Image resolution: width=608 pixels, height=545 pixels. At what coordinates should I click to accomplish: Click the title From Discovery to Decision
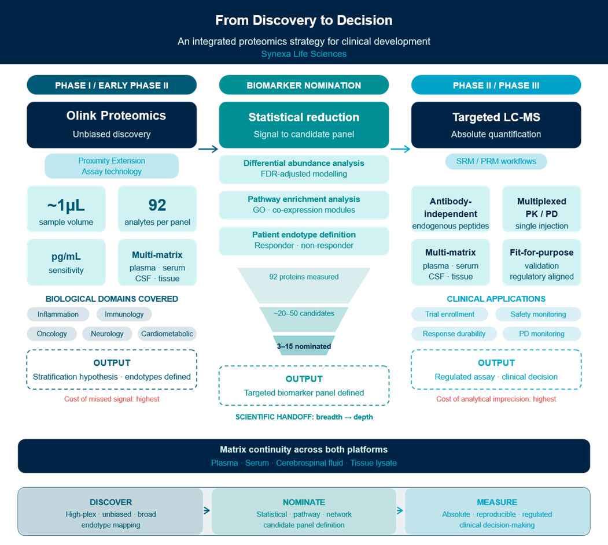point(304,20)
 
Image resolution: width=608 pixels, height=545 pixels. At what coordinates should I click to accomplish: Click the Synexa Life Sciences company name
point(304,54)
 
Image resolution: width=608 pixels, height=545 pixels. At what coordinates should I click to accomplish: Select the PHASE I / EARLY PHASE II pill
point(112,85)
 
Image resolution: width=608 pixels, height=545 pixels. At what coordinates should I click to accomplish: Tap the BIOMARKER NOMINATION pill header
point(304,85)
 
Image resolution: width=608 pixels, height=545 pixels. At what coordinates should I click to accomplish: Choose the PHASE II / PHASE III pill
point(496,85)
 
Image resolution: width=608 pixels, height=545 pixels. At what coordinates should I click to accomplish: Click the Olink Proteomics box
point(112,124)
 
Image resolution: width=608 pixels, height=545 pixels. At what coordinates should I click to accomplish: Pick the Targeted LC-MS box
point(496,124)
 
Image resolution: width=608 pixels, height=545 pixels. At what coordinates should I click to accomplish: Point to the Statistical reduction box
point(304,125)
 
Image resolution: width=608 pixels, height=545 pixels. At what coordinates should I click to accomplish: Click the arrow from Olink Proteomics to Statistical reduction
point(208,149)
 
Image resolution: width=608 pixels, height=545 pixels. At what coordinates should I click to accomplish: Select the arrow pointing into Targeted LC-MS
point(400,149)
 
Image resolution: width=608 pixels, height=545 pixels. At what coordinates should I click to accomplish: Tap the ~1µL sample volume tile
point(66,212)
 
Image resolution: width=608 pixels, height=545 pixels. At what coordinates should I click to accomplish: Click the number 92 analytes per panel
point(157,205)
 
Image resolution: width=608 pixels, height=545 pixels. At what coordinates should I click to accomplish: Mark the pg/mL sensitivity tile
point(66,262)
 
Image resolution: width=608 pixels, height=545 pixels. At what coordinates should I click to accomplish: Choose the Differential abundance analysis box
point(304,169)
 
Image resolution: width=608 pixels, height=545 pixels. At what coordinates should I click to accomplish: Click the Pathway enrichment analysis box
point(304,205)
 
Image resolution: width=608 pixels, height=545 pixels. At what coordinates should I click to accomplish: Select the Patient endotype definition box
point(304,240)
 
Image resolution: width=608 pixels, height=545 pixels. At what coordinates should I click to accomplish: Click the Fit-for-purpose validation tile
point(541,262)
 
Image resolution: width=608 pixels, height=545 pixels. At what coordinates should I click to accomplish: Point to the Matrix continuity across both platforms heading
point(304,449)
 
